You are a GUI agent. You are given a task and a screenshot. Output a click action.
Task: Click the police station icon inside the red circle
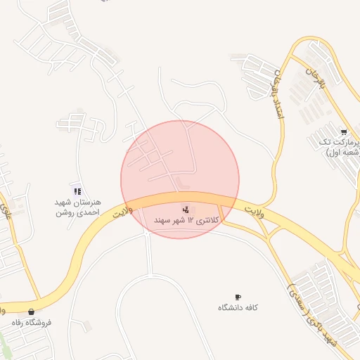click(x=186, y=209)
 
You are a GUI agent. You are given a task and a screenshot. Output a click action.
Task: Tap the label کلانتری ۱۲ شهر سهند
click(x=187, y=221)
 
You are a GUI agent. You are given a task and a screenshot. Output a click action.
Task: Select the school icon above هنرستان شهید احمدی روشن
click(x=77, y=191)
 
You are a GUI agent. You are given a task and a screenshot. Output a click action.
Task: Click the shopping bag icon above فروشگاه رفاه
click(x=30, y=311)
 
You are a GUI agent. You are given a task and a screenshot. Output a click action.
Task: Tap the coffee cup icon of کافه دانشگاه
click(x=238, y=297)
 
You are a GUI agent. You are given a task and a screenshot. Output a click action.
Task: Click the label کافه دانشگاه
click(x=238, y=308)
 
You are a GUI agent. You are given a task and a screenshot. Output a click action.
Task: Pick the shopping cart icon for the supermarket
click(x=343, y=131)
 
